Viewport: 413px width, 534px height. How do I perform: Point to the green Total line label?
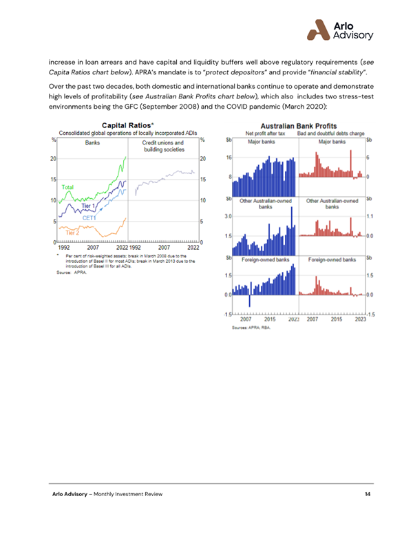click(x=67, y=186)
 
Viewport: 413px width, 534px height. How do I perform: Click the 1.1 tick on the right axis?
click(x=369, y=216)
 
